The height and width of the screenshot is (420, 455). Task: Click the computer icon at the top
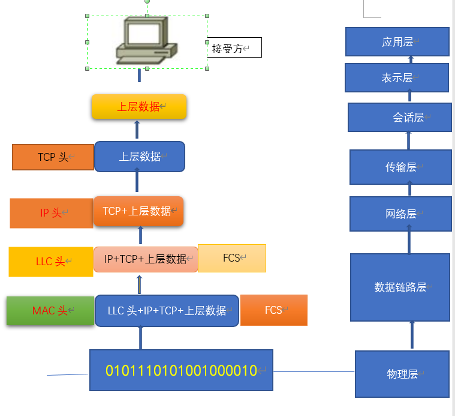(x=146, y=40)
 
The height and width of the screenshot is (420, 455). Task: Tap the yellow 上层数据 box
(x=139, y=106)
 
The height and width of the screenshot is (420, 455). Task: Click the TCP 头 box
(x=53, y=157)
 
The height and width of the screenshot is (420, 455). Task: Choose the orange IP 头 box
(x=52, y=213)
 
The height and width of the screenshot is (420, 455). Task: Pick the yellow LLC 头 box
(x=51, y=262)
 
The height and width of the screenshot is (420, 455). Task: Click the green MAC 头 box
(x=50, y=311)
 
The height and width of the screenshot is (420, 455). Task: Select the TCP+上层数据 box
(x=138, y=211)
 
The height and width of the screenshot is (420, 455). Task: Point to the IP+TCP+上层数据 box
(x=146, y=259)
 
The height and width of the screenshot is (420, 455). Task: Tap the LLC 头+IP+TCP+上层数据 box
(x=167, y=311)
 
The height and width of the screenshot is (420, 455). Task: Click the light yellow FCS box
(x=232, y=258)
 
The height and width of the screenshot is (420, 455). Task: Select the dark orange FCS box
(x=274, y=310)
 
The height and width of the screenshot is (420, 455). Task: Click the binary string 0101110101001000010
(x=181, y=370)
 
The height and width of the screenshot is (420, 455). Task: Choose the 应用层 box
(x=397, y=41)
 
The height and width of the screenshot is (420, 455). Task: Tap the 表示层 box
(x=397, y=78)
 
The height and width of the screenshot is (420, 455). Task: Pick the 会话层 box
(x=400, y=118)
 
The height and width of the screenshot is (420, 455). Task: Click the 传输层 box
(x=400, y=167)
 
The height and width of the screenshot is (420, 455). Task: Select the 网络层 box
(x=400, y=214)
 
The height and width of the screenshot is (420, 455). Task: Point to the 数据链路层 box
(x=400, y=287)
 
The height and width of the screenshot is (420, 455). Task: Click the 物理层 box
(x=402, y=374)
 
